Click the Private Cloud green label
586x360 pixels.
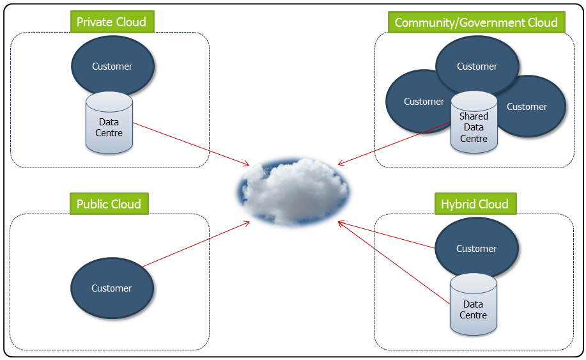click(112, 22)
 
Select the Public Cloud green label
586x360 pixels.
click(109, 205)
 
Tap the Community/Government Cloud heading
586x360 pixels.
click(476, 23)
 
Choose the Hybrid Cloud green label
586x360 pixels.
click(475, 205)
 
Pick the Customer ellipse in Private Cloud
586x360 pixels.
click(112, 66)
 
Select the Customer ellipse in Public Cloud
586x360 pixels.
click(112, 288)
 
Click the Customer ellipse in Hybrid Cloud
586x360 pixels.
click(477, 249)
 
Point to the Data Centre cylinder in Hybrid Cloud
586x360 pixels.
click(474, 307)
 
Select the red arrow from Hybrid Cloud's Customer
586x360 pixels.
click(387, 234)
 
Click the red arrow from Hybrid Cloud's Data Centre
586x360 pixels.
click(393, 262)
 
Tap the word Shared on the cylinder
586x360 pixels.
click(474, 116)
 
